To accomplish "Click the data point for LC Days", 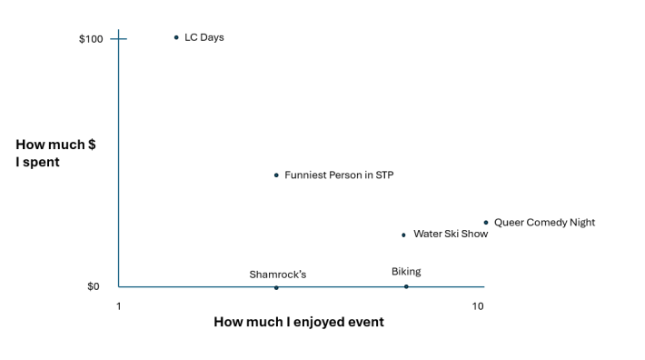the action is click(x=176, y=37).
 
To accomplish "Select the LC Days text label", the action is click(x=204, y=37).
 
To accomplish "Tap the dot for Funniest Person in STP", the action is click(x=276, y=175).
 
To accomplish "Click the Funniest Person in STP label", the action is click(x=339, y=175).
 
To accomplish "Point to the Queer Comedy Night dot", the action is click(x=486, y=223).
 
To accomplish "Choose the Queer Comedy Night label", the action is click(x=544, y=223).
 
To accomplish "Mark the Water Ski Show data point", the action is click(x=403, y=235).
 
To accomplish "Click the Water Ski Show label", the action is click(x=451, y=234).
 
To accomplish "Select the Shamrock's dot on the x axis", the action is click(x=276, y=287).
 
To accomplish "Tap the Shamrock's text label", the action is click(x=278, y=275).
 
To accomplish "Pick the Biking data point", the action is click(x=406, y=286).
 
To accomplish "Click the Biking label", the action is click(x=406, y=272).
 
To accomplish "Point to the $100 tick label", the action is click(x=91, y=39).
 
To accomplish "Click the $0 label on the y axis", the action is click(x=94, y=286).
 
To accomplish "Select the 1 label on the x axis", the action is click(x=118, y=306).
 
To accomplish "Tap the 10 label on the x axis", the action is click(x=478, y=306).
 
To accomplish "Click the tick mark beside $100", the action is click(x=118, y=39).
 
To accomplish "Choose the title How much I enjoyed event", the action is click(x=299, y=322).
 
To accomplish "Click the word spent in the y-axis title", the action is click(x=41, y=162).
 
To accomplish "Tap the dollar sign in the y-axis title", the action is click(x=92, y=145).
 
